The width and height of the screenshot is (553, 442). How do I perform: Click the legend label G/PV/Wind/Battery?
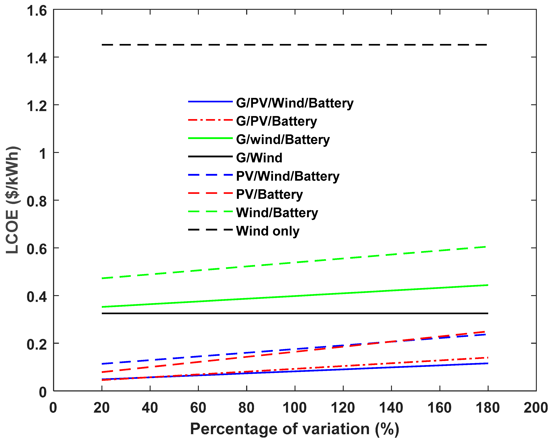pos(294,103)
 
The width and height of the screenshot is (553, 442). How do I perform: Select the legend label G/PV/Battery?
pos(276,121)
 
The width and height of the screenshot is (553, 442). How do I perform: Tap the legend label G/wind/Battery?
pos(283,140)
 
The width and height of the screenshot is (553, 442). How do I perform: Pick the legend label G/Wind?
pos(259,158)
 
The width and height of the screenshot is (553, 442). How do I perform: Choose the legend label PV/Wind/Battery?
pos(287,176)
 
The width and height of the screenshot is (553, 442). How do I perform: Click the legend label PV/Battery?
pos(269,194)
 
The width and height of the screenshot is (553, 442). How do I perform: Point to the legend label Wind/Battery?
pos(277,213)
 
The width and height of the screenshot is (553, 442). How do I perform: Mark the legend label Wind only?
pos(268,231)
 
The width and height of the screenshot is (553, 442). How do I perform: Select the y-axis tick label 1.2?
pos(37,106)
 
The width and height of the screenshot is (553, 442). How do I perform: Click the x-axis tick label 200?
pos(536,408)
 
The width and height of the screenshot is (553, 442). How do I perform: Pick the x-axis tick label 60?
pos(198,408)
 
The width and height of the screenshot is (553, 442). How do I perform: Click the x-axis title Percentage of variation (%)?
pos(294,429)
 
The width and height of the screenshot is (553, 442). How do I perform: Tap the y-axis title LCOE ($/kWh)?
pos(12,200)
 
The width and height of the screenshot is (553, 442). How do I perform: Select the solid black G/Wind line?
pos(295,313)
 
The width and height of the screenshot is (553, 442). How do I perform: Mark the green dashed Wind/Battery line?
pos(295,262)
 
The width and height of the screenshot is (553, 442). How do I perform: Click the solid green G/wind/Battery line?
pos(295,296)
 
